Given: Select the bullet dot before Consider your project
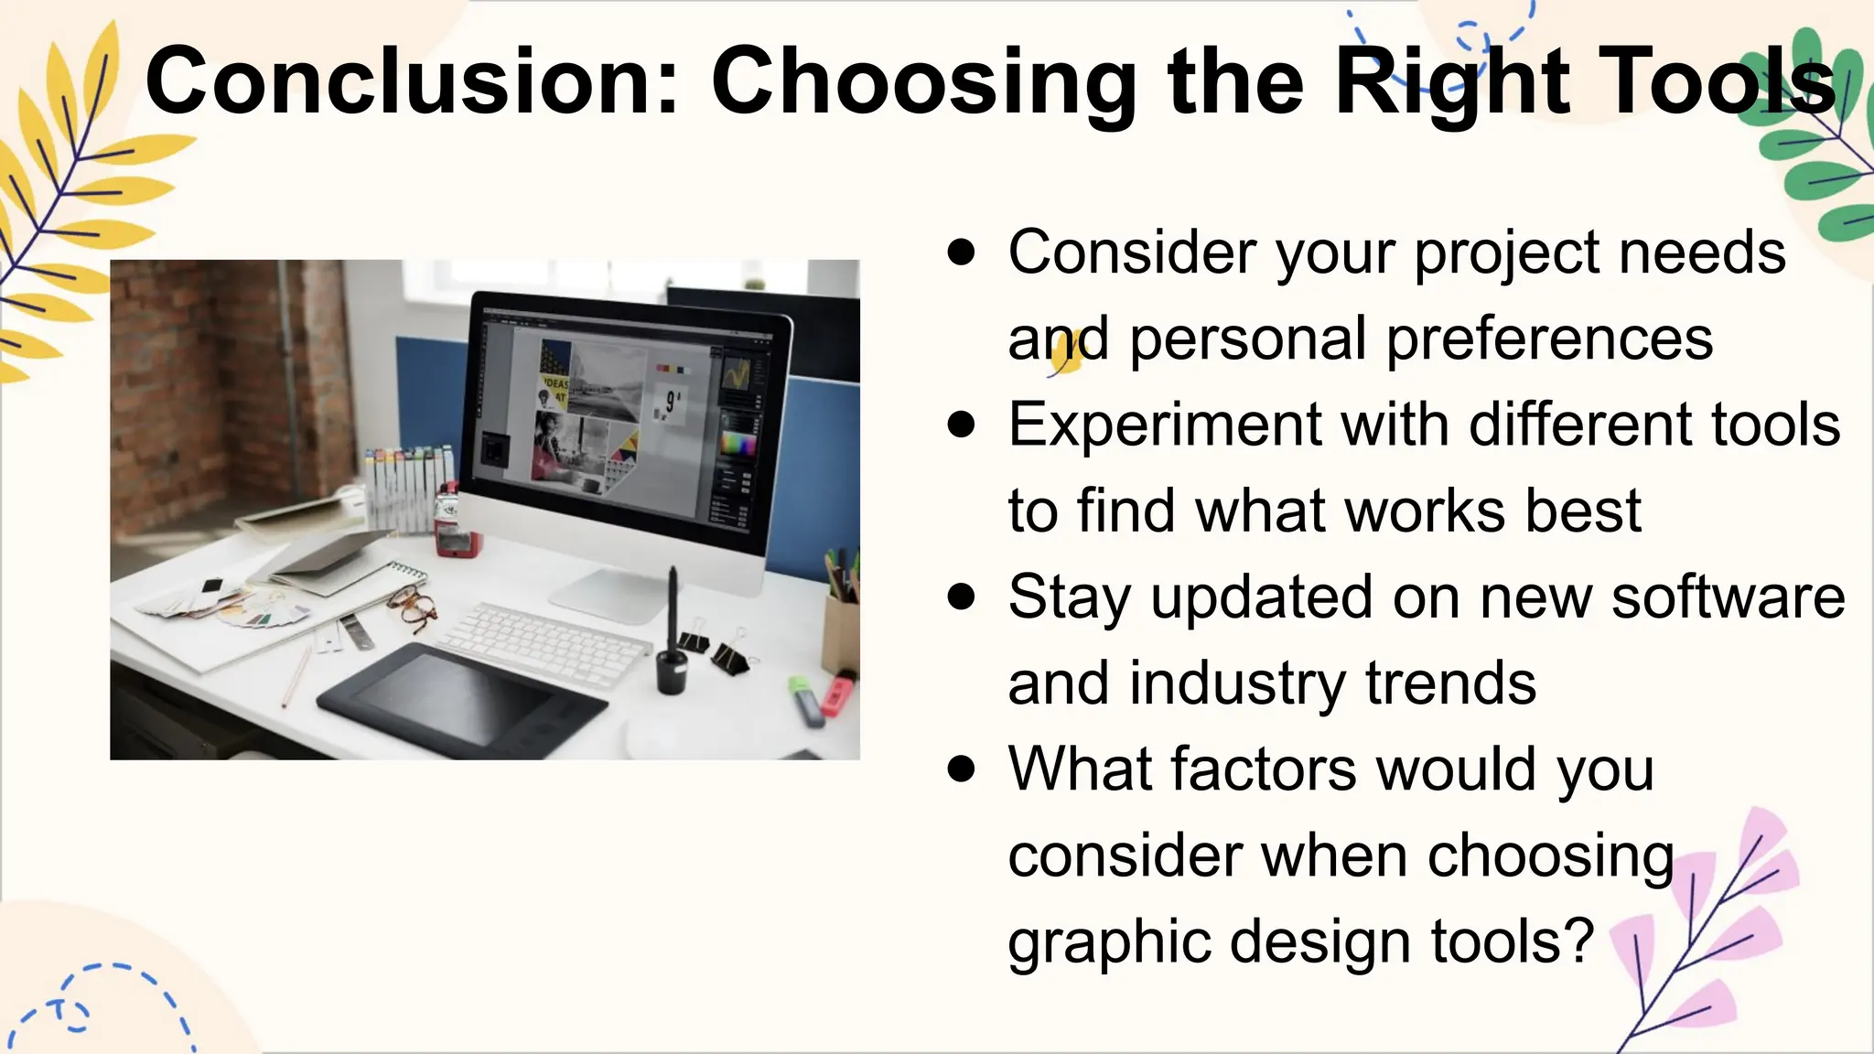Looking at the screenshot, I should point(961,253).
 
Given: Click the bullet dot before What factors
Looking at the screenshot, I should point(961,769).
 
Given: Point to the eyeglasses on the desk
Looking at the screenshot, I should point(413,608).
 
